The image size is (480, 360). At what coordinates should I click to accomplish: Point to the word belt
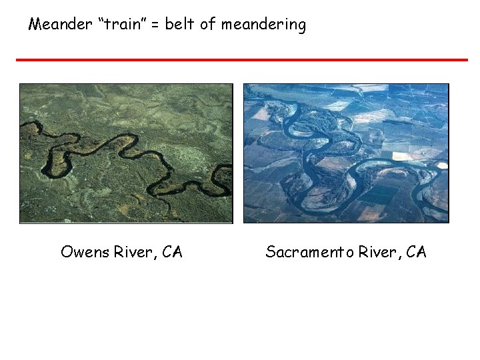click(180, 25)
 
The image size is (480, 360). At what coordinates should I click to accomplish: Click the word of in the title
click(207, 25)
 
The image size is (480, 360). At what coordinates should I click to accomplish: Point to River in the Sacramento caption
click(378, 252)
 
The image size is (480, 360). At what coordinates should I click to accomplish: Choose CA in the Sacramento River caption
click(416, 252)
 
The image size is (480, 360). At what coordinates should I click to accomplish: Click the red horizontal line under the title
click(241, 60)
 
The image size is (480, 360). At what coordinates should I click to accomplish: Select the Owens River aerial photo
click(126, 153)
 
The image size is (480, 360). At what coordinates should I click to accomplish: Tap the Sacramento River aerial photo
click(346, 153)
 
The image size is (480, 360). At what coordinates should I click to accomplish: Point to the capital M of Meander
click(35, 25)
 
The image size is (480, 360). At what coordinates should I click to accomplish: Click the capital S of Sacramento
click(271, 252)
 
